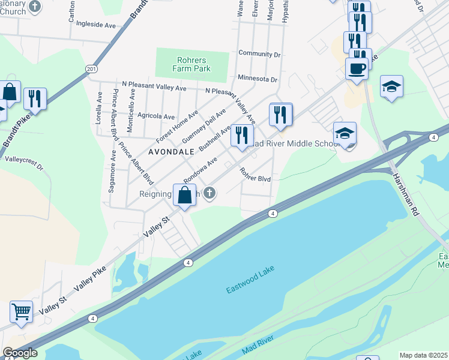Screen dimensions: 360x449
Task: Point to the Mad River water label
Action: point(258,346)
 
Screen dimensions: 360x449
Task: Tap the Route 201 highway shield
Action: point(91,70)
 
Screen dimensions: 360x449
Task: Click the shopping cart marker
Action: point(21,311)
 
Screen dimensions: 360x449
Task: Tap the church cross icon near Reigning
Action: point(209,193)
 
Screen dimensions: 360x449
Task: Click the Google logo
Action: point(20,353)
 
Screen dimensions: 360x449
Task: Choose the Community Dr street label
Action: point(259,53)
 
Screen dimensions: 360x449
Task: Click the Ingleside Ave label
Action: point(93,26)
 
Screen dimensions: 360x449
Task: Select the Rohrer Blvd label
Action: point(255,175)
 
